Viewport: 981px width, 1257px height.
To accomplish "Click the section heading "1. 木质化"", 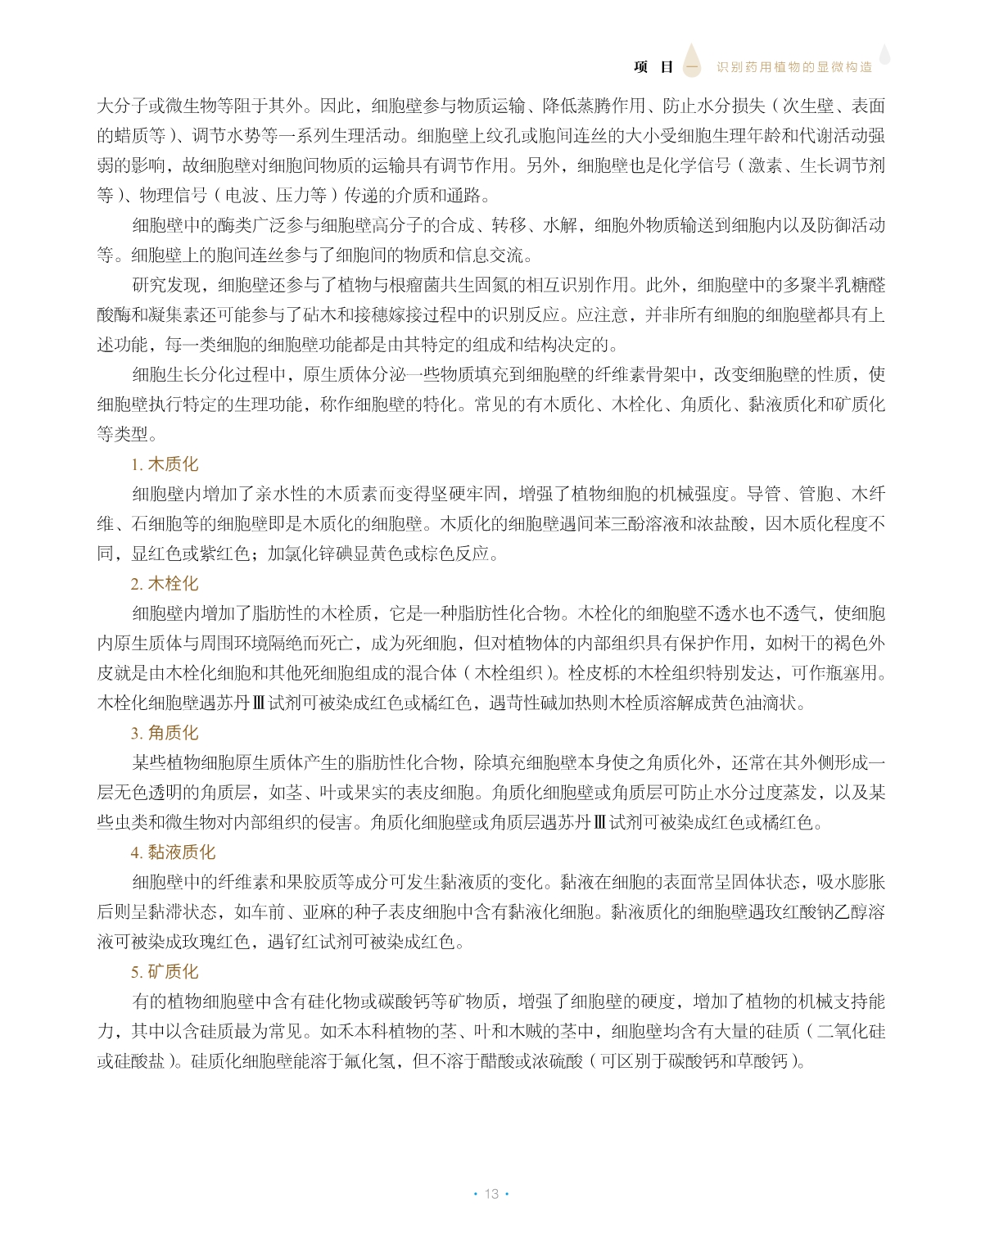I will [165, 464].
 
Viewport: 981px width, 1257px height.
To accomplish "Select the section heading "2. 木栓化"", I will [165, 584].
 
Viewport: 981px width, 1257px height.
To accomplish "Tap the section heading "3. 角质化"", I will [165, 733].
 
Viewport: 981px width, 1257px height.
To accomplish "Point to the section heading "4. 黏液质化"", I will [173, 852].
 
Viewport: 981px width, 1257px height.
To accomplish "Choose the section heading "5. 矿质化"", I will [165, 972].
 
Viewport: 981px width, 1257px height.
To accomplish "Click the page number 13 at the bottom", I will [491, 1194].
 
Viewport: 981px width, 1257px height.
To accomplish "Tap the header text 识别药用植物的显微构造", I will [794, 67].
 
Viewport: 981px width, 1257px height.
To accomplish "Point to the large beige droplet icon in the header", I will [692, 60].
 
